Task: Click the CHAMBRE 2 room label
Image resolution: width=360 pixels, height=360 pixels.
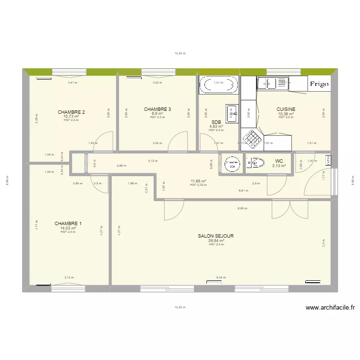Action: [x=71, y=112]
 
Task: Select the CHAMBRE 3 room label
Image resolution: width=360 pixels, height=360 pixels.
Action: [x=157, y=109]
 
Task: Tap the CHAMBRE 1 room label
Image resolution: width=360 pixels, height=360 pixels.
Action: [x=68, y=224]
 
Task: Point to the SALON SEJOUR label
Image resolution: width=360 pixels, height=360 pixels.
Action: [x=216, y=236]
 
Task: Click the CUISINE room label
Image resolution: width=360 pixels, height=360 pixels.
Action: [x=286, y=109]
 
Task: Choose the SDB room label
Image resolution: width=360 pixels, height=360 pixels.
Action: [x=216, y=122]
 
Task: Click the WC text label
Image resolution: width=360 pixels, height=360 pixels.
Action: [x=279, y=161]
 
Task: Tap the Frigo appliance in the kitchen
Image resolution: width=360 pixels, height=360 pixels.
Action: [x=319, y=84]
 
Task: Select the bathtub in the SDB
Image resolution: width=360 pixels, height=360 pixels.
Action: [x=218, y=85]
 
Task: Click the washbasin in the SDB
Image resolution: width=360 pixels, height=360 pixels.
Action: [x=232, y=113]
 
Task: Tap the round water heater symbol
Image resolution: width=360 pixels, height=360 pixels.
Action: [x=232, y=164]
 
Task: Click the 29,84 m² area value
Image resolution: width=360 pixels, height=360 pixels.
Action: [x=216, y=241]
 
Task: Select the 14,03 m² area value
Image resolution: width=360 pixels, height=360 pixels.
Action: [x=68, y=228]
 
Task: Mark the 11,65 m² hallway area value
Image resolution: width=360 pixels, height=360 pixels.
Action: [x=198, y=181]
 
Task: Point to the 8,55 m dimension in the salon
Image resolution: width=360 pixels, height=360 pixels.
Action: [x=220, y=277]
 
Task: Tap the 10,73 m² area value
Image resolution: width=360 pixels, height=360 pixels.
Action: [x=71, y=116]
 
